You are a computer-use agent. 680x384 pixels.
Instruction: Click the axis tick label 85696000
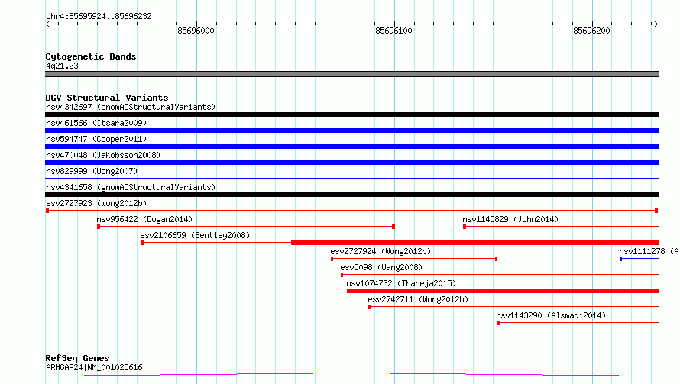tap(196, 31)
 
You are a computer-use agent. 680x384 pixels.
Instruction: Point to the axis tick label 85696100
tap(393, 31)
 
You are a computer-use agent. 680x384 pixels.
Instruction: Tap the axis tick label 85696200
tap(591, 31)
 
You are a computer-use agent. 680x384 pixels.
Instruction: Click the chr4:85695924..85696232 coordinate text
tap(99, 17)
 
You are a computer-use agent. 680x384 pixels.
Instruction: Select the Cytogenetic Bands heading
tap(91, 56)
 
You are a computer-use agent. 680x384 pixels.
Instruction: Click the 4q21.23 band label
tap(62, 66)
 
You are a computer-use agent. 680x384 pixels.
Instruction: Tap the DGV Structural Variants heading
tap(107, 98)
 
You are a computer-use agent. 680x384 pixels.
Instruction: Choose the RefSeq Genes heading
tap(78, 358)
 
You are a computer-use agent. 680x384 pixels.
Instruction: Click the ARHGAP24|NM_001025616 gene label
tap(94, 367)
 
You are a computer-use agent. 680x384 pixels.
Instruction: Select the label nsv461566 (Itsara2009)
tap(96, 123)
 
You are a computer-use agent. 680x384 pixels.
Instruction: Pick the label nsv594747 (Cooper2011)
tap(96, 139)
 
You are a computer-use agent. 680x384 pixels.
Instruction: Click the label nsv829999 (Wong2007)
tap(92, 171)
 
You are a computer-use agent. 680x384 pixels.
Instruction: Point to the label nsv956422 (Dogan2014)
tap(144, 219)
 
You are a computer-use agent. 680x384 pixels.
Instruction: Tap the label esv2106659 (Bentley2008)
tap(195, 235)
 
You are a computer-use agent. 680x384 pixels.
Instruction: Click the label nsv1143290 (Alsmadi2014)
tap(551, 315)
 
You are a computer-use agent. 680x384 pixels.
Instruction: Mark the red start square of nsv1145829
tap(465, 227)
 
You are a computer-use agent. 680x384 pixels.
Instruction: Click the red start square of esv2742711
tap(370, 307)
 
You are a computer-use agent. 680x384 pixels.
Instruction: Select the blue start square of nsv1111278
tap(621, 259)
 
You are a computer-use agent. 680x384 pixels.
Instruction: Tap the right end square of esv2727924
tap(496, 259)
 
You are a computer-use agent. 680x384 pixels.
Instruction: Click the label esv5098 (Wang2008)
tap(381, 267)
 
